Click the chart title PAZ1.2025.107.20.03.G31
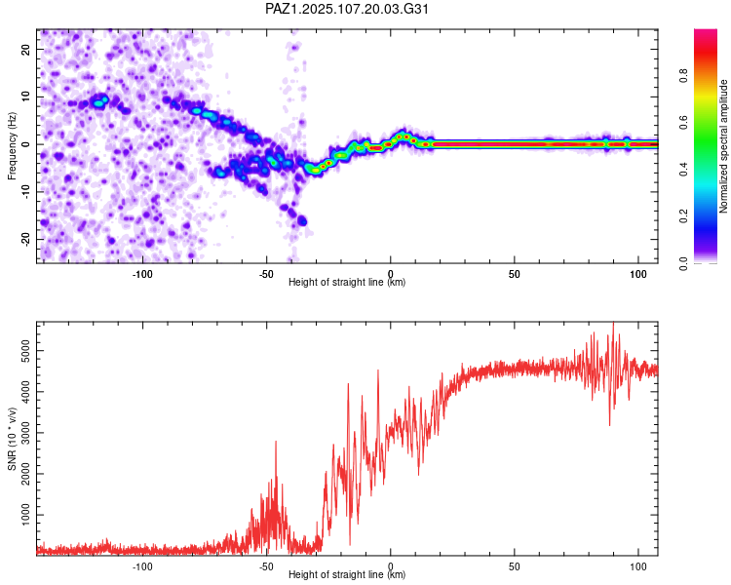[347, 9]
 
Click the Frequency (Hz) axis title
[12, 146]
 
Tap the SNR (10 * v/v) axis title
[12, 439]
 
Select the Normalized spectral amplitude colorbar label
[723, 146]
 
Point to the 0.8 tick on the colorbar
[683, 76]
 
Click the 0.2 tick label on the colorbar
[683, 216]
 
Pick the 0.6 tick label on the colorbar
[683, 123]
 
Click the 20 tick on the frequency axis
[25, 50]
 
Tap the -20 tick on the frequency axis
[25, 239]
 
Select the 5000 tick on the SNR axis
[25, 350]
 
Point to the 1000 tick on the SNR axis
[25, 515]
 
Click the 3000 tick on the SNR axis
[25, 433]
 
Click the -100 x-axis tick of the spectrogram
[142, 274]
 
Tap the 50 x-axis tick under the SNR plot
[515, 566]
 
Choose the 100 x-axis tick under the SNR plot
[638, 566]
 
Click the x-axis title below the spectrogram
[347, 282]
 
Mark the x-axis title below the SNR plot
[347, 574]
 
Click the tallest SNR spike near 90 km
[613, 323]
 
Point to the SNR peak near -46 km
[276, 442]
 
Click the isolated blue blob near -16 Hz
[302, 221]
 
